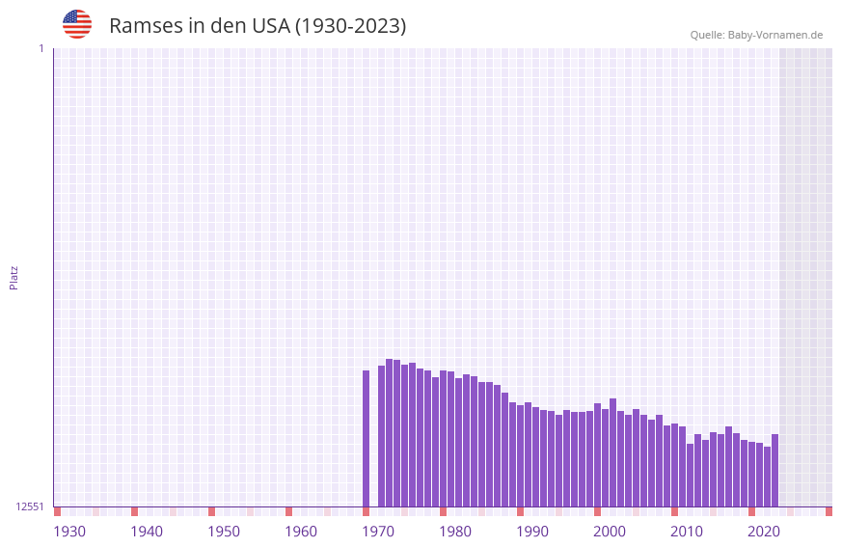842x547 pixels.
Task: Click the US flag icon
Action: [77, 25]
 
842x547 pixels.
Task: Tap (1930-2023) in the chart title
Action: [350, 26]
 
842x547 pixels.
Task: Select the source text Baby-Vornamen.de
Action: [775, 35]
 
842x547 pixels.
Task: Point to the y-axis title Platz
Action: [14, 278]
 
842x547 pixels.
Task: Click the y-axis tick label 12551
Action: [30, 506]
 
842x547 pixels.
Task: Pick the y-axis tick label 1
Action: [41, 48]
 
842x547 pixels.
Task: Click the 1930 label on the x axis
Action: [69, 532]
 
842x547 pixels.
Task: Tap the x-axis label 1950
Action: [224, 532]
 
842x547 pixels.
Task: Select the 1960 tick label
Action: [301, 532]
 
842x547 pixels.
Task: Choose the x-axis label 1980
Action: [455, 532]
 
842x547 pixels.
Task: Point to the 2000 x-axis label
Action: [610, 532]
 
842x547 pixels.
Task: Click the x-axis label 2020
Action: [764, 532]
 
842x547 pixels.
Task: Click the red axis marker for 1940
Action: [135, 511]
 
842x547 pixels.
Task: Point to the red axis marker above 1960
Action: [289, 511]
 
